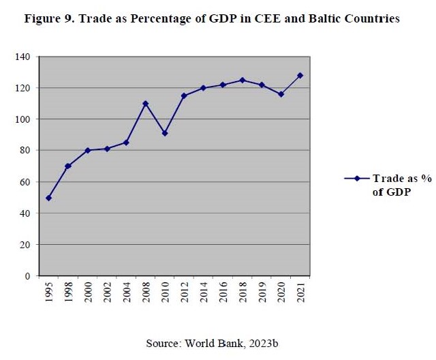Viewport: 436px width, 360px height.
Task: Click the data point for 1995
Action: (x=48, y=198)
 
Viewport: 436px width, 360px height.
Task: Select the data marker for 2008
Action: (x=145, y=104)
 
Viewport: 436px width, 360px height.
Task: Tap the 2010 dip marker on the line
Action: (x=165, y=133)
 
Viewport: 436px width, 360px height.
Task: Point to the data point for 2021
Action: (x=300, y=76)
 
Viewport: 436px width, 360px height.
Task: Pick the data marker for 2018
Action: (x=243, y=80)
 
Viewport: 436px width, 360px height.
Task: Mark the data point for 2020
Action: (x=281, y=94)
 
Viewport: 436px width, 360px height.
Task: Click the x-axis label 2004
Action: (x=126, y=292)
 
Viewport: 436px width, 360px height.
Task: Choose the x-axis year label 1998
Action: (x=68, y=292)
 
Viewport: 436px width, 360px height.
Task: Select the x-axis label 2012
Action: (x=185, y=292)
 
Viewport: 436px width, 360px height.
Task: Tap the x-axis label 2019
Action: (x=262, y=292)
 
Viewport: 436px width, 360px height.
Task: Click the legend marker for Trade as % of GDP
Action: (x=356, y=179)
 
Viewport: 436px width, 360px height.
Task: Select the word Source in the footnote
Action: (x=162, y=343)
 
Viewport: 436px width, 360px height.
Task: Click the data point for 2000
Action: (x=87, y=151)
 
